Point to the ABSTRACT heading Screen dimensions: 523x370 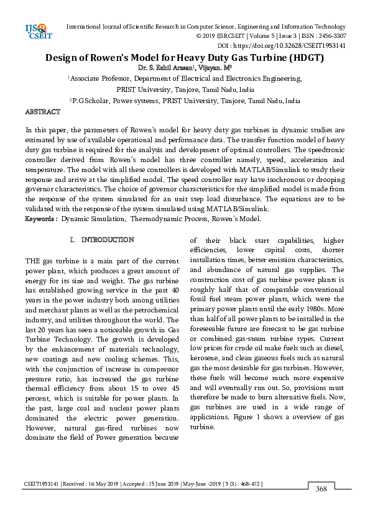(x=42, y=112)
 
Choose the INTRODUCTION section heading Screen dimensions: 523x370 (x=108, y=239)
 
